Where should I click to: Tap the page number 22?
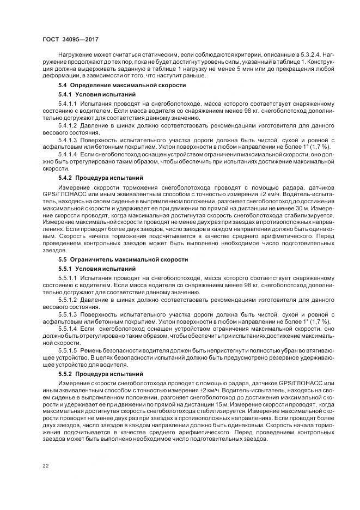46,465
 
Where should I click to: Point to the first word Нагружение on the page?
77,56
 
